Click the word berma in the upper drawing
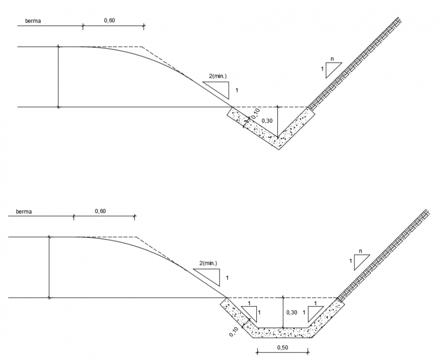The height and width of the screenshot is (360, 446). (33, 21)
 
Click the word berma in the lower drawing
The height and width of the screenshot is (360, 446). (24, 211)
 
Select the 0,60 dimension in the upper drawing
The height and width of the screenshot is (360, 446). (109, 20)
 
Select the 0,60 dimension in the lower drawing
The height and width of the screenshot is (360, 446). (100, 211)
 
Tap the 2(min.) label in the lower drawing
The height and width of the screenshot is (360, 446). (208, 263)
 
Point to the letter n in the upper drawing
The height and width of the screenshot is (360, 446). (332, 59)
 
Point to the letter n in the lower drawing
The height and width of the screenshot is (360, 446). (361, 251)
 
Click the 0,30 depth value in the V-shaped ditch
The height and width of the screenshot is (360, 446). (267, 121)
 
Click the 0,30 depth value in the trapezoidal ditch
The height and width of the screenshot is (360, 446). (291, 312)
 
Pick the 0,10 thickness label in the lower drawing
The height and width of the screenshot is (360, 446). (233, 332)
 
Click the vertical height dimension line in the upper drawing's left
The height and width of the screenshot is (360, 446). (58, 77)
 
